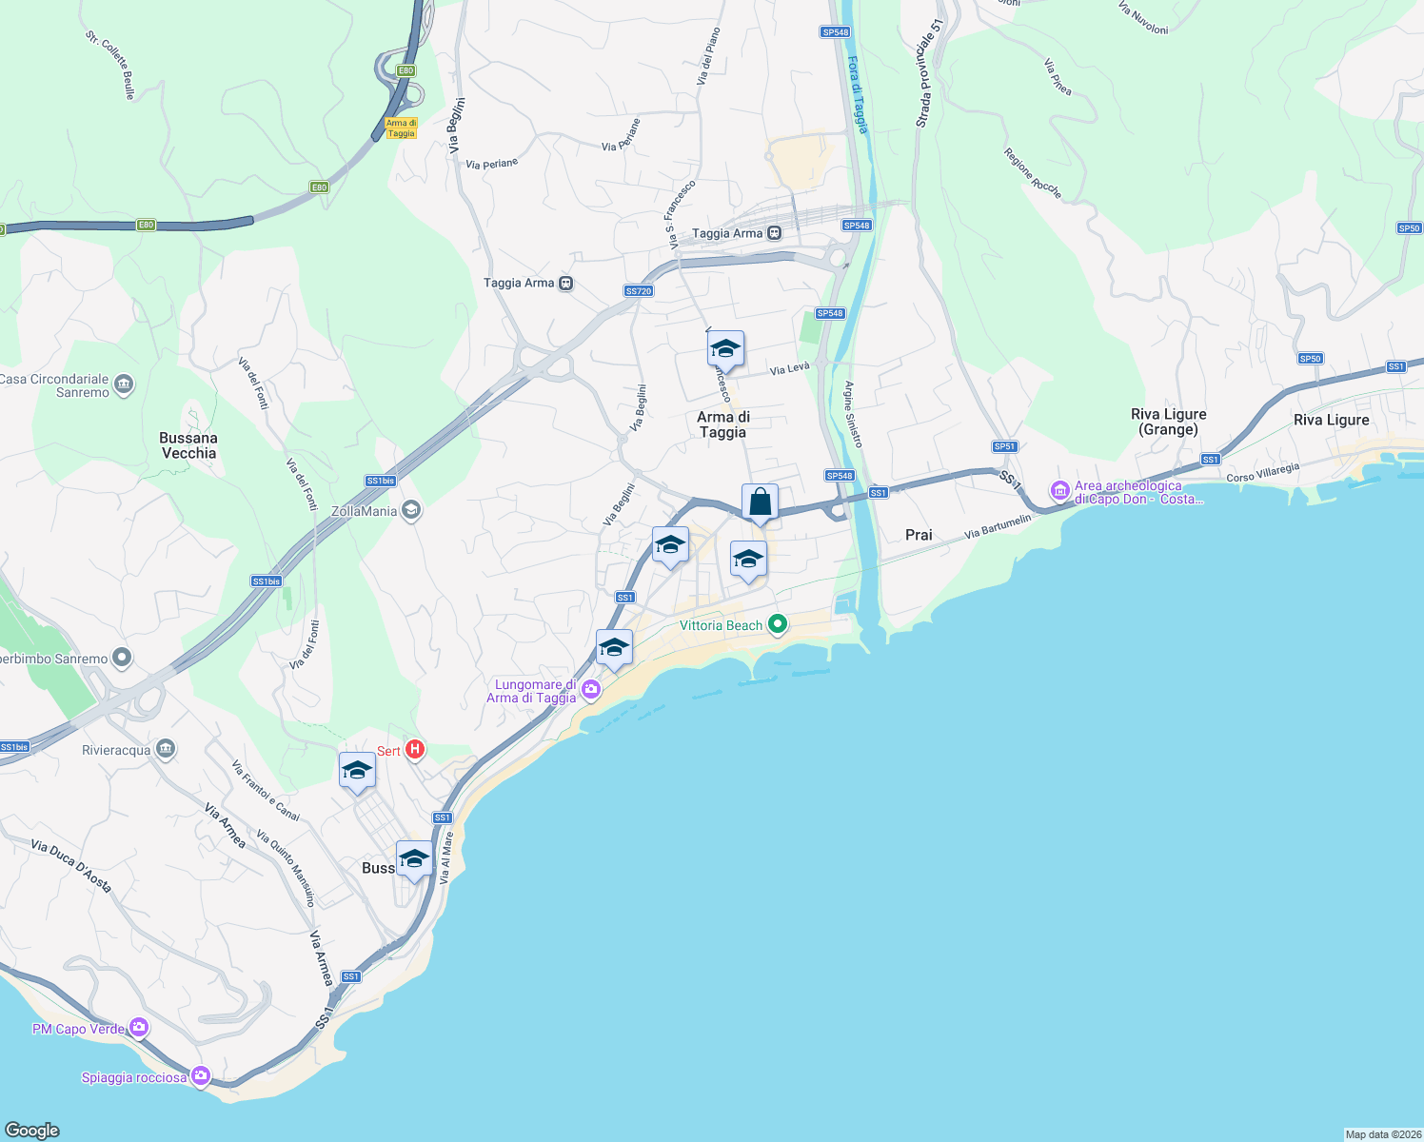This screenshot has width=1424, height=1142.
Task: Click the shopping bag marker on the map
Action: point(760,502)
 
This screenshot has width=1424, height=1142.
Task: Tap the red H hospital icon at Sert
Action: point(414,750)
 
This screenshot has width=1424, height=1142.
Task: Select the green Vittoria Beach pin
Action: point(778,624)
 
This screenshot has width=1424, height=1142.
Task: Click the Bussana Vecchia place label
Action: point(188,445)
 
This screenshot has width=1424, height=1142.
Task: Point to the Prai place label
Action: point(919,535)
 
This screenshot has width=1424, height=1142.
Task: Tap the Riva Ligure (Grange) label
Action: point(1168,422)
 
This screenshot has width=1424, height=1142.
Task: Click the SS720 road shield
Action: point(639,290)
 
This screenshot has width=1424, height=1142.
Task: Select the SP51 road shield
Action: point(1004,446)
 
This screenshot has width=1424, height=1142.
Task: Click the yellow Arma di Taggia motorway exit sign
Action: point(401,128)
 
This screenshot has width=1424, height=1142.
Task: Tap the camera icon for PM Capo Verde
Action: point(140,1027)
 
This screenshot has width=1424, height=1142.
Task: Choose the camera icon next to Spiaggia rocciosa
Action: point(200,1076)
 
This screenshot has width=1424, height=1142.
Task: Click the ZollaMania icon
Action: point(411,510)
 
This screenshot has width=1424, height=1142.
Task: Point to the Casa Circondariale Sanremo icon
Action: point(124,384)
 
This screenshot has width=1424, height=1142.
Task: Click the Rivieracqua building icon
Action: point(166,749)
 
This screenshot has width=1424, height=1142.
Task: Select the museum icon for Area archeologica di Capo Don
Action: point(1059,491)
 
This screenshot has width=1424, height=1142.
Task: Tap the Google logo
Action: point(32,1130)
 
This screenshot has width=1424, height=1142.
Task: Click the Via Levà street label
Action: point(789,368)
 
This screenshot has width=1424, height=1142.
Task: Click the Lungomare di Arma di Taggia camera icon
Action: point(591,690)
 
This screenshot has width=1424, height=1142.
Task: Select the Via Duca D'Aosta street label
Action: point(70,865)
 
